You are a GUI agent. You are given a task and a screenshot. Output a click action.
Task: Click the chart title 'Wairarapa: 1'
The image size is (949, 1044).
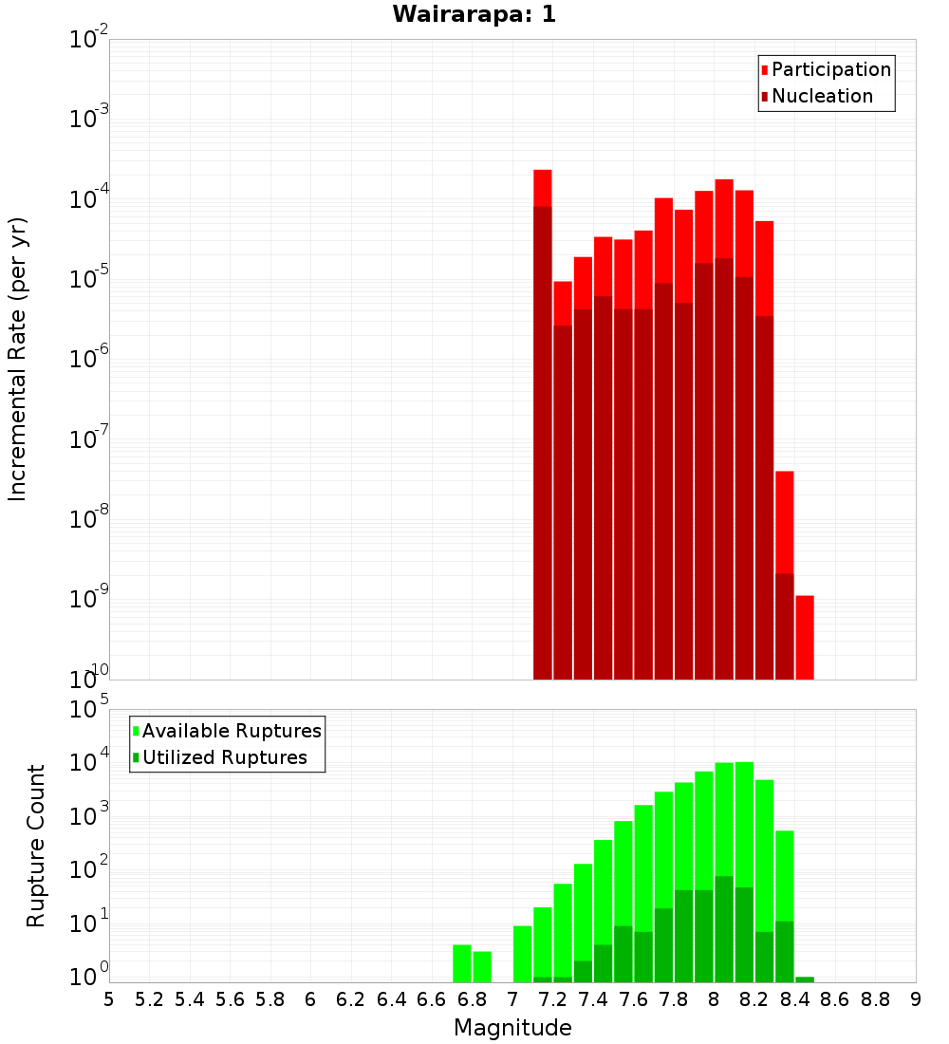tap(474, 14)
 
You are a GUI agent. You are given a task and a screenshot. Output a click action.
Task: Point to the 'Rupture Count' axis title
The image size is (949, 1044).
tap(36, 846)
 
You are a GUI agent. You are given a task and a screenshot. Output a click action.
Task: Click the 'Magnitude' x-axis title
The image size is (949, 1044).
tap(512, 1028)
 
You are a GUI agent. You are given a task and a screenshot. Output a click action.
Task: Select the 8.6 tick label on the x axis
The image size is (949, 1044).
tap(835, 999)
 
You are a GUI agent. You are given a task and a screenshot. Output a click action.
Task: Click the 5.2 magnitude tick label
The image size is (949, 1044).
tap(149, 999)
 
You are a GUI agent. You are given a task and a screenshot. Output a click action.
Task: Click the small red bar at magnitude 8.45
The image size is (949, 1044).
tap(805, 637)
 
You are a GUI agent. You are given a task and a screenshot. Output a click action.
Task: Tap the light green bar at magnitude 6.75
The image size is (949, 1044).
tap(462, 963)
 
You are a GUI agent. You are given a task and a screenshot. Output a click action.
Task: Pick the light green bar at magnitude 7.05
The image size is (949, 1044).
tap(522, 954)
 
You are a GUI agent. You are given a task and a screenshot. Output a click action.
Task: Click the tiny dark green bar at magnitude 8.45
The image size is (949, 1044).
tap(805, 979)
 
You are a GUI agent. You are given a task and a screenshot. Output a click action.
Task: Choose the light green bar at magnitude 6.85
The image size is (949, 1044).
tap(482, 966)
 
